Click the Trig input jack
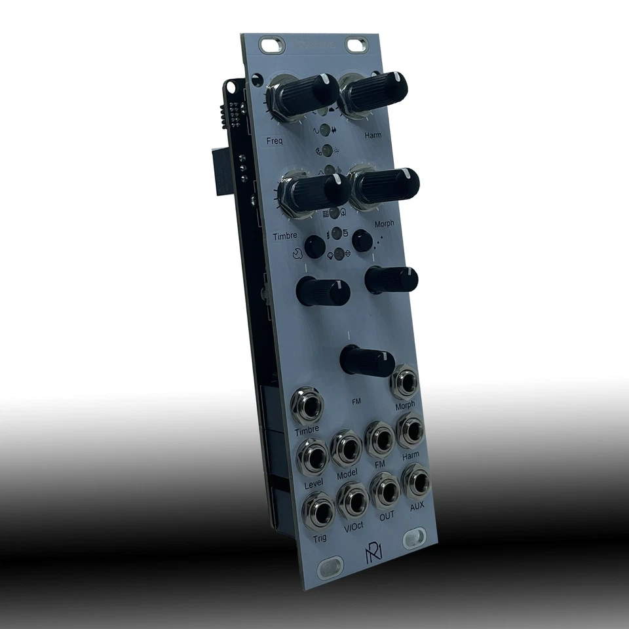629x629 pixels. [x=318, y=512]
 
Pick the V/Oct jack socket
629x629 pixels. [x=353, y=501]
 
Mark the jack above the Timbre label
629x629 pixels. [x=307, y=406]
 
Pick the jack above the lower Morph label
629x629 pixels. [x=405, y=383]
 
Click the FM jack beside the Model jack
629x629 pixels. [x=379, y=439]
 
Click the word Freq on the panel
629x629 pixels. [x=275, y=140]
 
